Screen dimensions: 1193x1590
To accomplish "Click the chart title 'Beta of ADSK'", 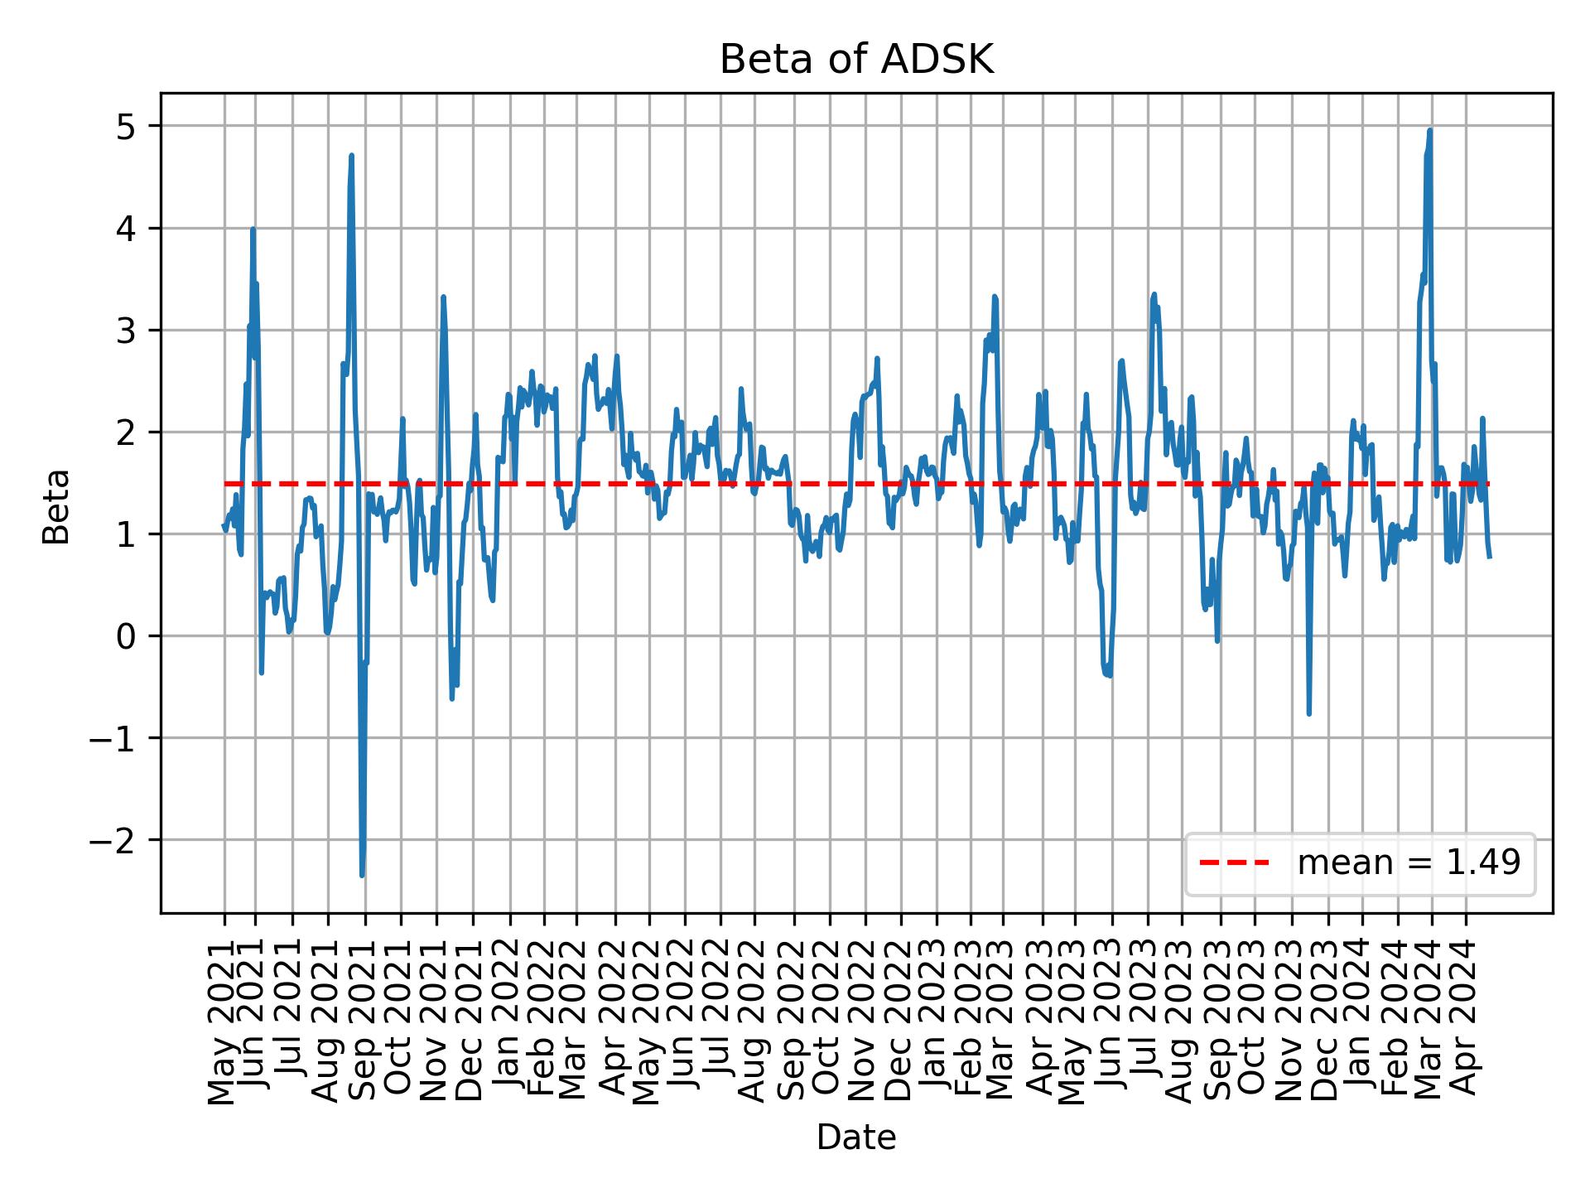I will [x=855, y=60].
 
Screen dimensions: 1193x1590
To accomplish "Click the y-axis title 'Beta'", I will [x=56, y=505].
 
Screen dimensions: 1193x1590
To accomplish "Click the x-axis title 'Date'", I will [x=855, y=1138].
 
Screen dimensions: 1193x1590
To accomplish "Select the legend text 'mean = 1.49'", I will [x=1409, y=863].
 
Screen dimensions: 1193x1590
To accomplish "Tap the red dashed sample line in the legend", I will [x=1234, y=863].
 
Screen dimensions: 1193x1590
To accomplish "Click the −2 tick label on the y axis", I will [x=113, y=840].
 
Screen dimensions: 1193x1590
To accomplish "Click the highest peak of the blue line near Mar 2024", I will [x=1429, y=131].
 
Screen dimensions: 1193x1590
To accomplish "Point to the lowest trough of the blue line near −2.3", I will [x=362, y=875].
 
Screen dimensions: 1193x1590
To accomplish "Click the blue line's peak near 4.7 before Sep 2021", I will [x=351, y=156].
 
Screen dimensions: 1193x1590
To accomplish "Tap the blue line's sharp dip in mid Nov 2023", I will [x=1309, y=713].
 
